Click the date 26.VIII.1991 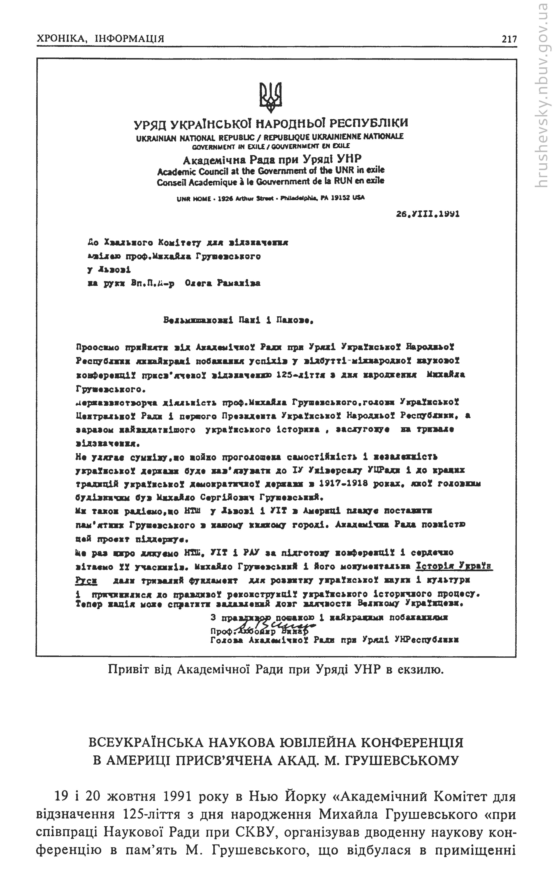428,214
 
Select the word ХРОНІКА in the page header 61,39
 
